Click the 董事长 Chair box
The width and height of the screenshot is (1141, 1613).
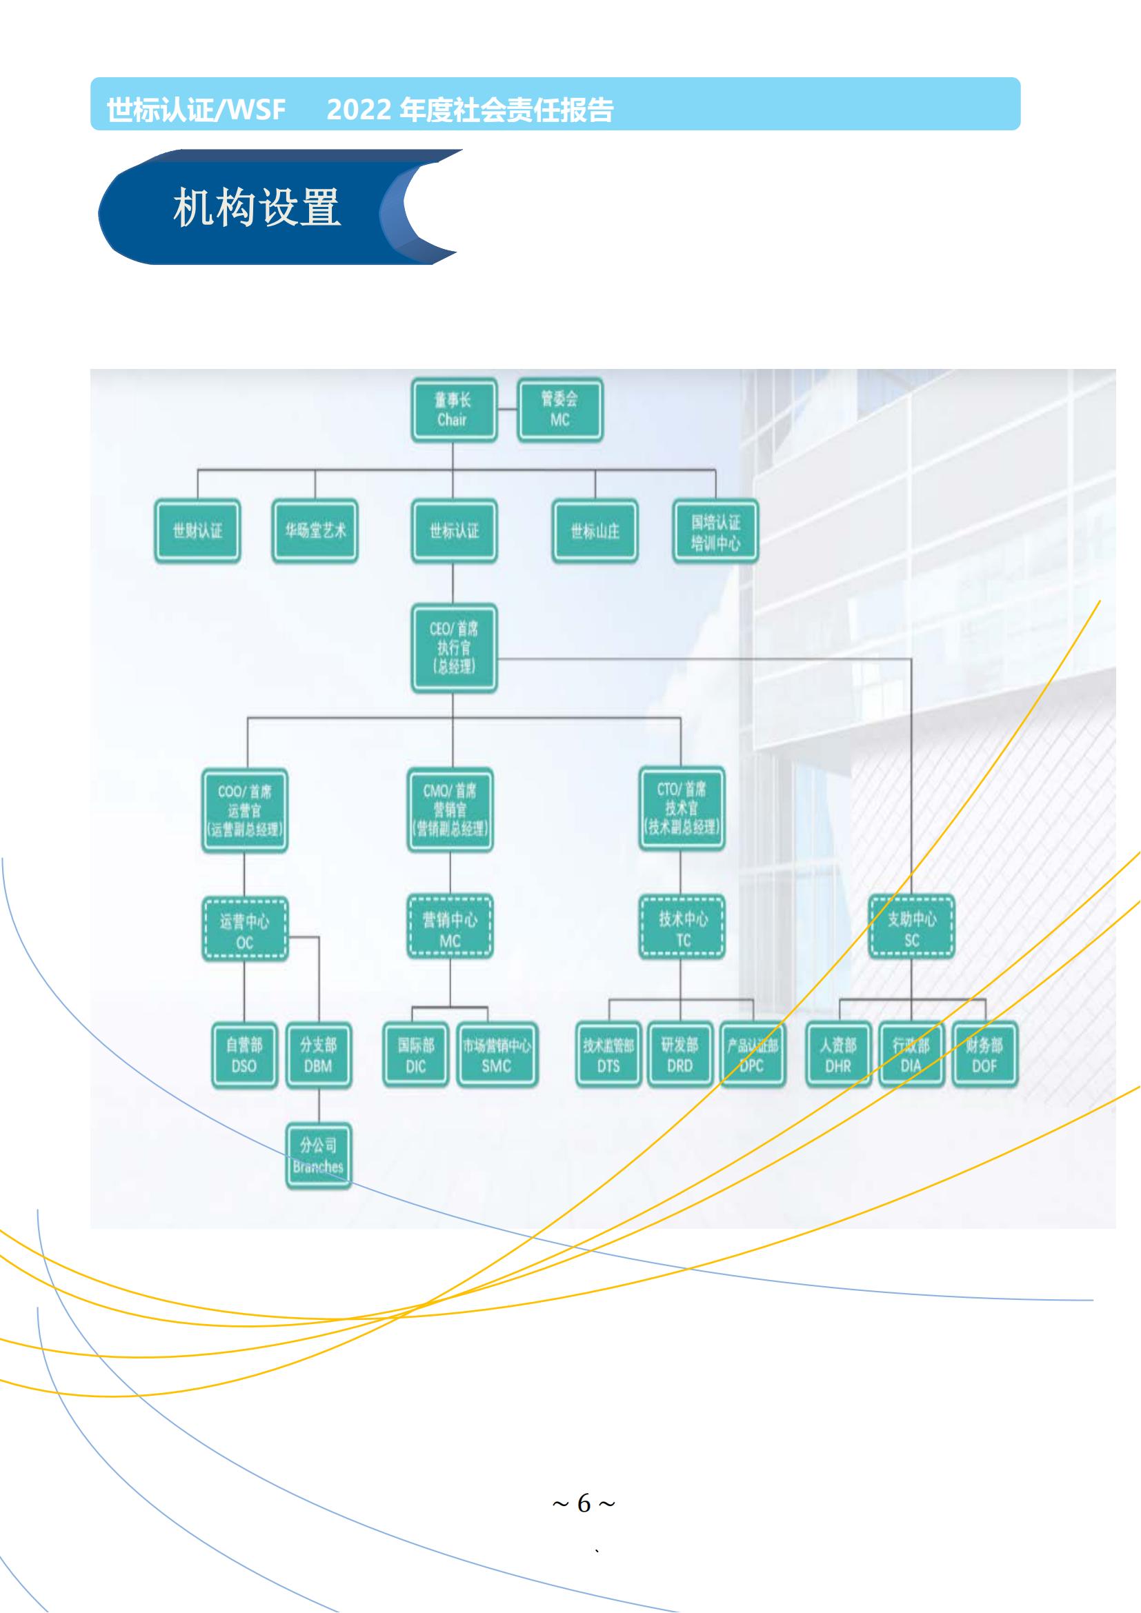click(453, 410)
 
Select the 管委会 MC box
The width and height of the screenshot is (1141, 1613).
click(559, 410)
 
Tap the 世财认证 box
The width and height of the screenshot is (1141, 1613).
click(197, 531)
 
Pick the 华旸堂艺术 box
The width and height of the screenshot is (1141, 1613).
click(315, 531)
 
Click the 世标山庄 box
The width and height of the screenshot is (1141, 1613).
click(595, 531)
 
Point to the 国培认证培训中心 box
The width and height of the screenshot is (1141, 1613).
click(715, 531)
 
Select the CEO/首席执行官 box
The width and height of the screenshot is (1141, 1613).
click(453, 648)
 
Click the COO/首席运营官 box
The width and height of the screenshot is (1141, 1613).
click(244, 810)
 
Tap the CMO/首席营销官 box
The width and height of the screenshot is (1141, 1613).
click(450, 810)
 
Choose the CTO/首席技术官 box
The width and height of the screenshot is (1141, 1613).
click(681, 809)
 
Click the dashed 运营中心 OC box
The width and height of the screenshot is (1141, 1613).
click(244, 929)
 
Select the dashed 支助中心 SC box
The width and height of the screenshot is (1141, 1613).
click(911, 928)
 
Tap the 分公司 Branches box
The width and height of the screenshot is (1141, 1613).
click(318, 1156)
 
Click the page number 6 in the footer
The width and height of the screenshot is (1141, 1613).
click(584, 1503)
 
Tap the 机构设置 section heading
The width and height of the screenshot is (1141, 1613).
click(257, 208)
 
